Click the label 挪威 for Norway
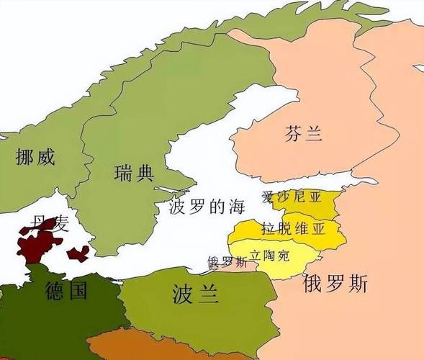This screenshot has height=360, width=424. click(35, 157)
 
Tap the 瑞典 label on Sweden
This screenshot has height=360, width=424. click(134, 173)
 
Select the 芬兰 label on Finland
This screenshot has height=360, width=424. click(303, 133)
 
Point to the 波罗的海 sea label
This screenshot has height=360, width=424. click(207, 207)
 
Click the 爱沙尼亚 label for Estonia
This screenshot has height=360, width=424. click(292, 197)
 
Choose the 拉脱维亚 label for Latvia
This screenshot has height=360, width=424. click(293, 229)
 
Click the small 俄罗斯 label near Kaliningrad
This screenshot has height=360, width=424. click(227, 262)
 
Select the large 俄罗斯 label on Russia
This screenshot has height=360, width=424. click(335, 283)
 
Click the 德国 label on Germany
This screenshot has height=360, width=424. click(66, 291)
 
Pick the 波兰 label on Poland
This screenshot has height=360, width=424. click(195, 292)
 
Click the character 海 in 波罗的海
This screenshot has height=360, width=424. click(236, 207)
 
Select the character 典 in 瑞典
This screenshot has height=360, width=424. click(145, 173)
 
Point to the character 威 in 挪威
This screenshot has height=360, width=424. click(45, 157)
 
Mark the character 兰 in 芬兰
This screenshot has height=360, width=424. click(313, 133)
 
